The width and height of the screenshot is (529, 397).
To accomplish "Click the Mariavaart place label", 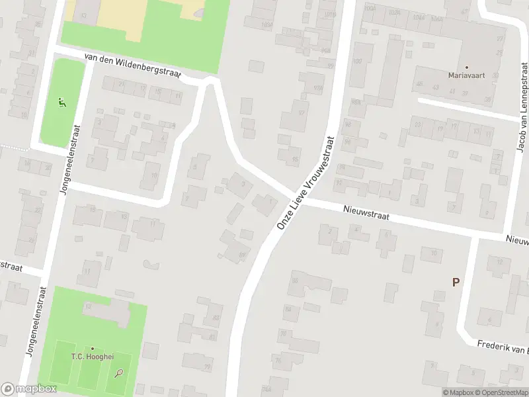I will [x=466, y=75].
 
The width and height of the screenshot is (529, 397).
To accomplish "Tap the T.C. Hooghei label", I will [x=92, y=357].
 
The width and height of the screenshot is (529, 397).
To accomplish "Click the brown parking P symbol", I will [x=456, y=282].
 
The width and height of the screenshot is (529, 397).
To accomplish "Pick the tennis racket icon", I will [x=119, y=374].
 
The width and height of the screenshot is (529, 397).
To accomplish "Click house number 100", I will [x=358, y=62].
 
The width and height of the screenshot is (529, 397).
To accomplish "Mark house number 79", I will [x=208, y=367].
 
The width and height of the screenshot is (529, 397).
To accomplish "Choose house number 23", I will [x=418, y=124].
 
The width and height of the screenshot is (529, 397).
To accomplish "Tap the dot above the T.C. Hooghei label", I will [x=92, y=348].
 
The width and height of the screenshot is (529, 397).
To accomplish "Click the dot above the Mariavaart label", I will [x=466, y=67].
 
